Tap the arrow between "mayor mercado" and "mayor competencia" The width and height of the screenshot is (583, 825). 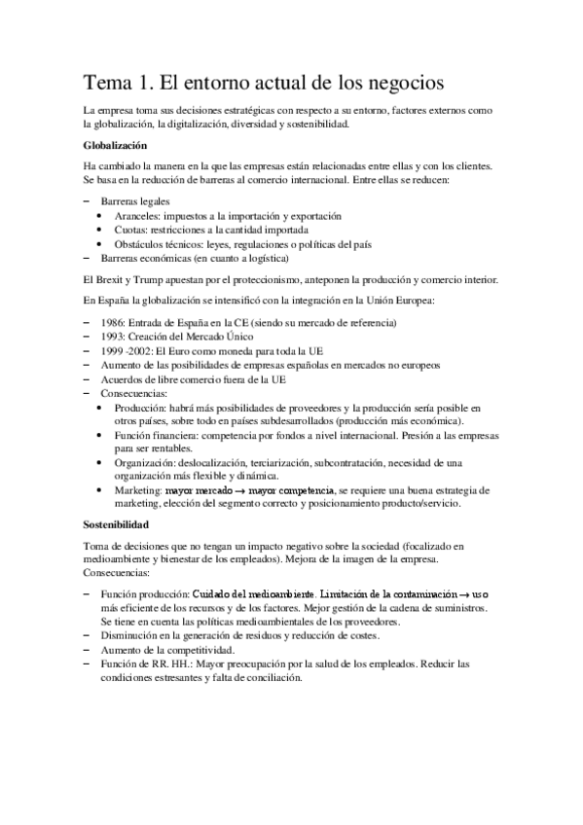pos(241,491)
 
